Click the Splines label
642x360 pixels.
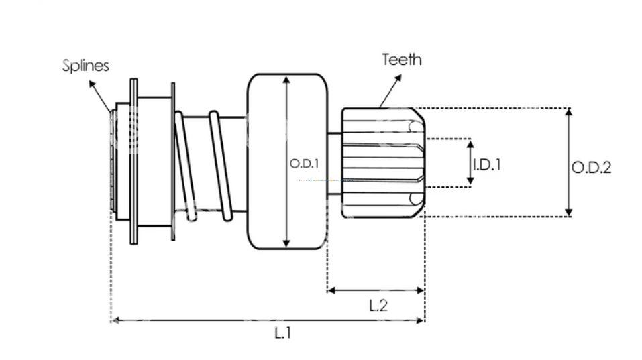point(86,66)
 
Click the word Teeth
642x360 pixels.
point(402,60)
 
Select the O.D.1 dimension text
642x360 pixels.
point(304,164)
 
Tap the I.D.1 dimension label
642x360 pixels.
point(486,164)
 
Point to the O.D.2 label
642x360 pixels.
point(591,168)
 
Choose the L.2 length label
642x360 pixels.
point(378,305)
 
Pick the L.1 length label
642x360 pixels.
point(282,333)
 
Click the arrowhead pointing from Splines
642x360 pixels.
point(92,84)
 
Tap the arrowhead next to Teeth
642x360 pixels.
point(398,78)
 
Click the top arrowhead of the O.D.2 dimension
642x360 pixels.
point(568,112)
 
